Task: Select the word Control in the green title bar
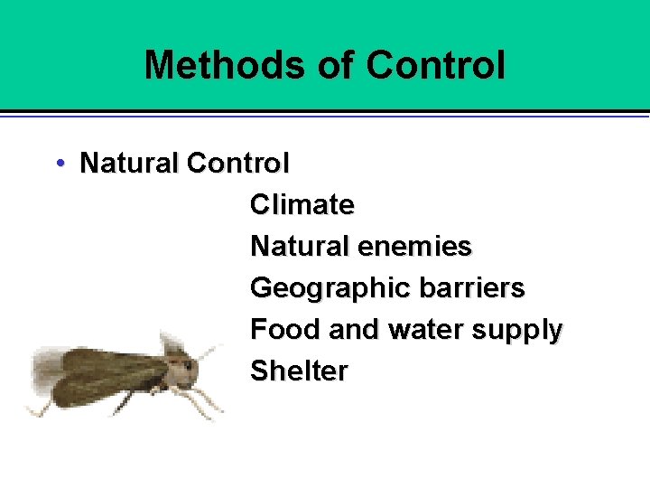(436, 65)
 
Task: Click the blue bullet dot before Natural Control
(59, 164)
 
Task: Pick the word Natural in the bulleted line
(130, 164)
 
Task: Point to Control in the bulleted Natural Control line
(237, 164)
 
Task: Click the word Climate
(302, 205)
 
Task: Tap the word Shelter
(298, 371)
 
